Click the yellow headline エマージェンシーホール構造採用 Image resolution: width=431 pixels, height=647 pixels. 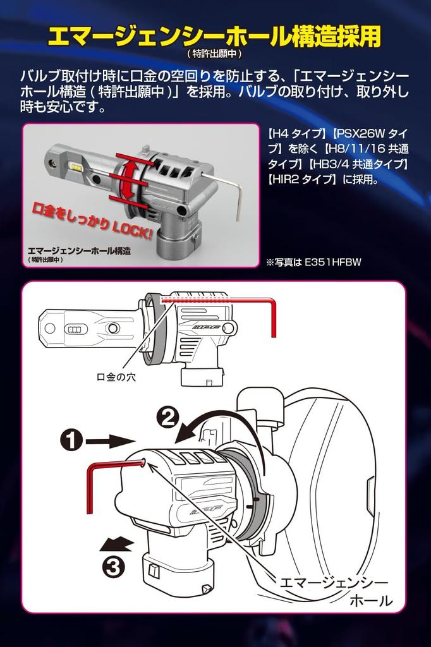click(214, 37)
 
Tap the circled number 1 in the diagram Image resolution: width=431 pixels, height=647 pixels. click(72, 440)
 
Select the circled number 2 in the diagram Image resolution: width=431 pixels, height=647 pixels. click(167, 418)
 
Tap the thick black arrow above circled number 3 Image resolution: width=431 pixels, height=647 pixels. click(117, 543)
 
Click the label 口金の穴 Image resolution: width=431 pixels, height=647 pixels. click(116, 377)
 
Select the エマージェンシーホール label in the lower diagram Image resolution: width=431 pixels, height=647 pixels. click(335, 591)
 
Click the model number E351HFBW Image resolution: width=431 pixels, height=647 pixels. click(332, 262)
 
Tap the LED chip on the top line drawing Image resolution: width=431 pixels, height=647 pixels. click(75, 329)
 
